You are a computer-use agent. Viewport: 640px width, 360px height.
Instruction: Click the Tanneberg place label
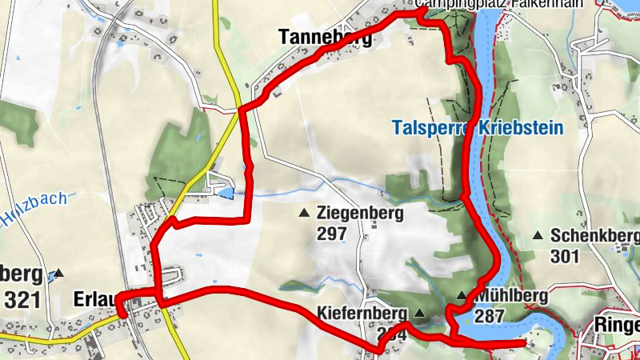pyautogui.click(x=325, y=37)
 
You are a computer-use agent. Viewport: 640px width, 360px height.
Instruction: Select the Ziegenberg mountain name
pyautogui.click(x=360, y=214)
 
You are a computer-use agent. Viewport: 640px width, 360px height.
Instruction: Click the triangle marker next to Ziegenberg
pyautogui.click(x=304, y=213)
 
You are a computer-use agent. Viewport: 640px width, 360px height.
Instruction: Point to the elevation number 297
pyautogui.click(x=331, y=234)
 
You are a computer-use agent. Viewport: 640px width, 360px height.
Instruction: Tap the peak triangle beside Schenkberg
pyautogui.click(x=538, y=235)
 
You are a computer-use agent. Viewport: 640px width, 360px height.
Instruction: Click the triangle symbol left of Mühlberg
pyautogui.click(x=462, y=296)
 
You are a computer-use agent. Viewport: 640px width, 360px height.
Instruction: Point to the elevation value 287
pyautogui.click(x=489, y=316)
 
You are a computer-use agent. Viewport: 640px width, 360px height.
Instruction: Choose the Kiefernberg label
pyautogui.click(x=362, y=312)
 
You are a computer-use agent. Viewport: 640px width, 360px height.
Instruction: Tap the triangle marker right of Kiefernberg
pyautogui.click(x=420, y=312)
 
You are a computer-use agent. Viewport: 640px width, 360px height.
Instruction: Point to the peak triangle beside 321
pyautogui.click(x=58, y=273)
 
